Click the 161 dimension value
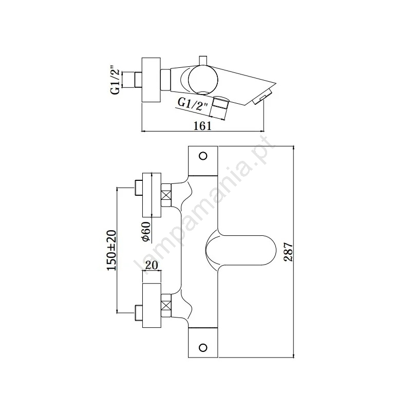[202, 126]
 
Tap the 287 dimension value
[288, 252]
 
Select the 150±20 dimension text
[111, 250]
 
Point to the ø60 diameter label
[146, 231]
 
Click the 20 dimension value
[152, 265]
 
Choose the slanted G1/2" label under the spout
[193, 104]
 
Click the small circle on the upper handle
[203, 156]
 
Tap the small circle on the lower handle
[203, 348]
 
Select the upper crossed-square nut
[166, 195]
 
